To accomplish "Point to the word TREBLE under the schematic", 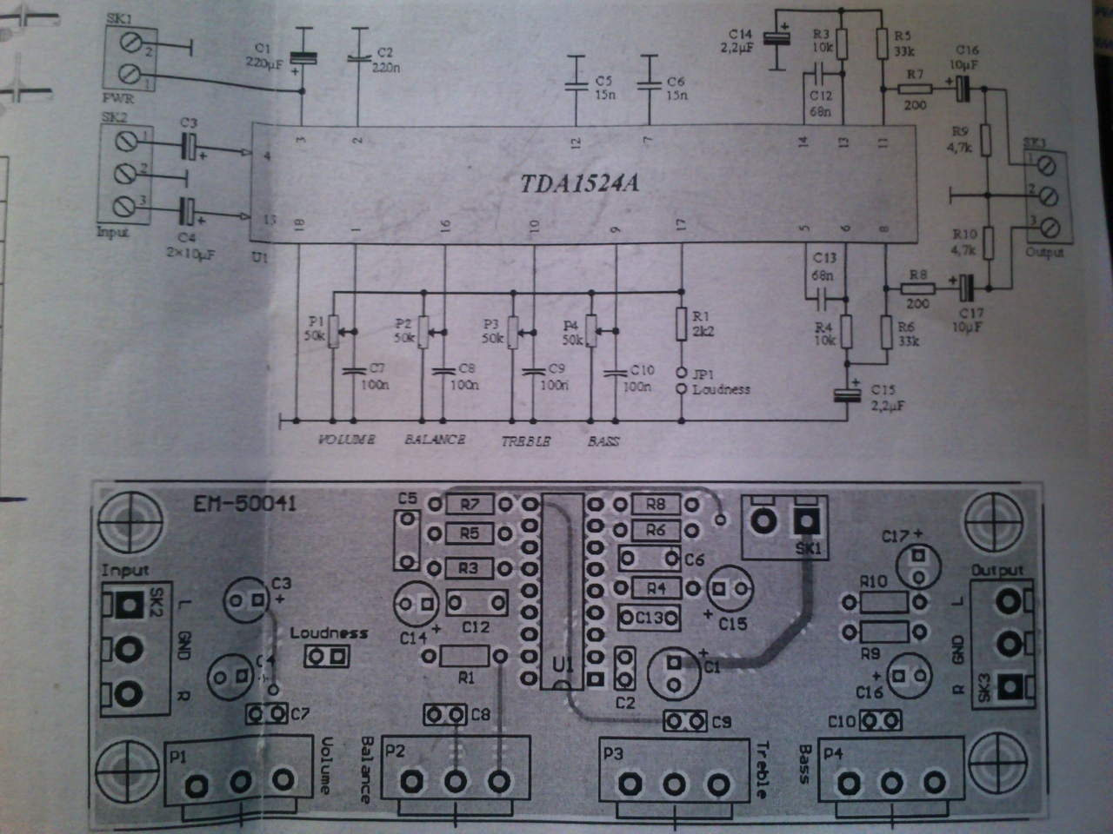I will click(526, 441).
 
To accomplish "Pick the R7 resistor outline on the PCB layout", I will click(469, 504).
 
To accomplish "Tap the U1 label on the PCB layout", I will click(563, 665).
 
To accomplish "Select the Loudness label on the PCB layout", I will click(329, 633).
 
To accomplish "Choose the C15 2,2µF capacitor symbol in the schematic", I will click(844, 394).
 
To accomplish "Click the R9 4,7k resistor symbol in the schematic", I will click(985, 140).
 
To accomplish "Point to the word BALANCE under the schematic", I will click(435, 440).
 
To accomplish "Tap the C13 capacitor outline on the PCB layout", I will click(649, 618).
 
